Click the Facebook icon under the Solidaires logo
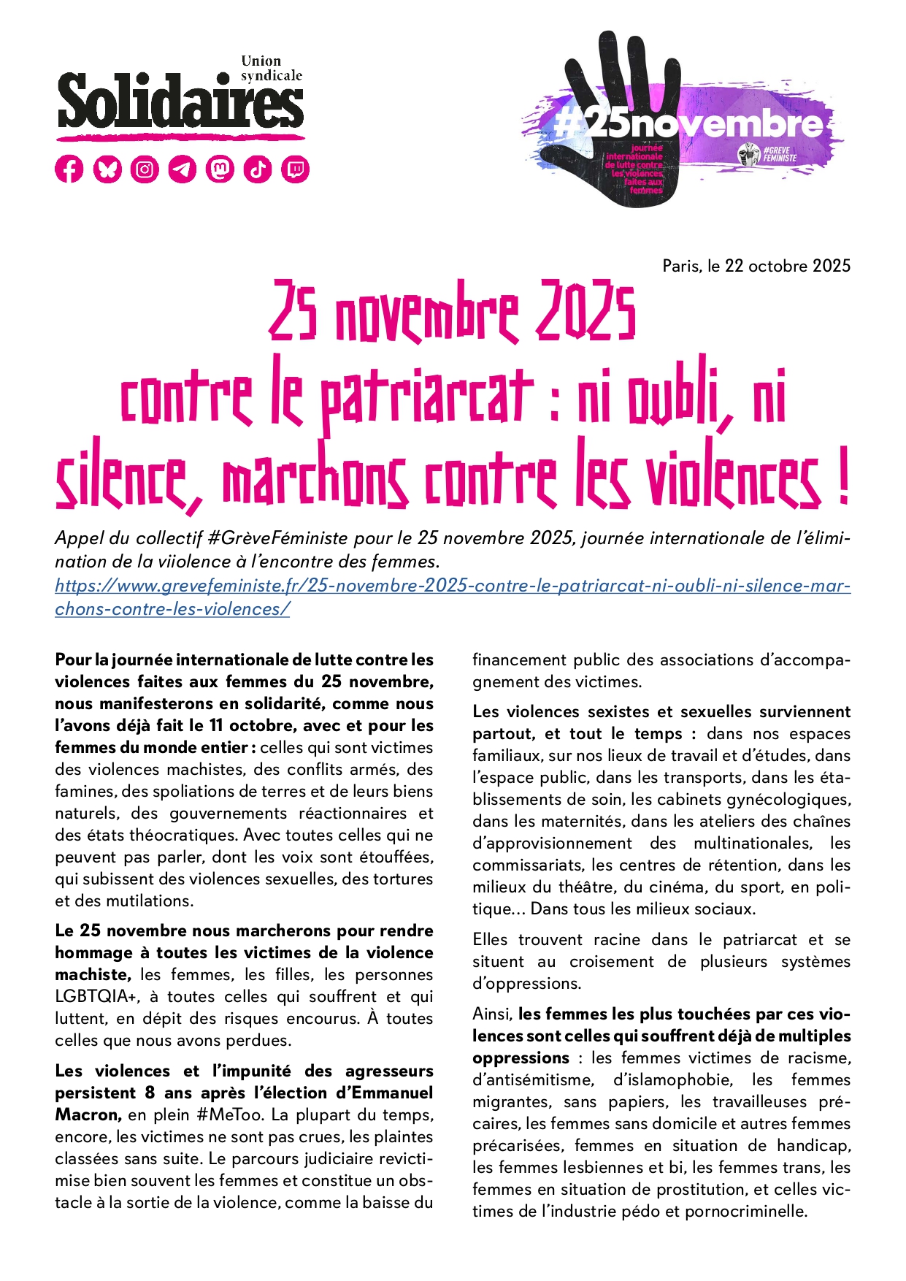click(69, 169)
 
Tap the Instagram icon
click(145, 169)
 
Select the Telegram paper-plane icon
click(183, 169)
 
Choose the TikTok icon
click(258, 169)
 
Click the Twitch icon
click(295, 169)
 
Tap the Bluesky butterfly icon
click(107, 169)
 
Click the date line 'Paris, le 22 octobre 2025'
click(756, 266)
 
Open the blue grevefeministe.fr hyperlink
click(453, 586)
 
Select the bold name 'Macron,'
click(88, 1114)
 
